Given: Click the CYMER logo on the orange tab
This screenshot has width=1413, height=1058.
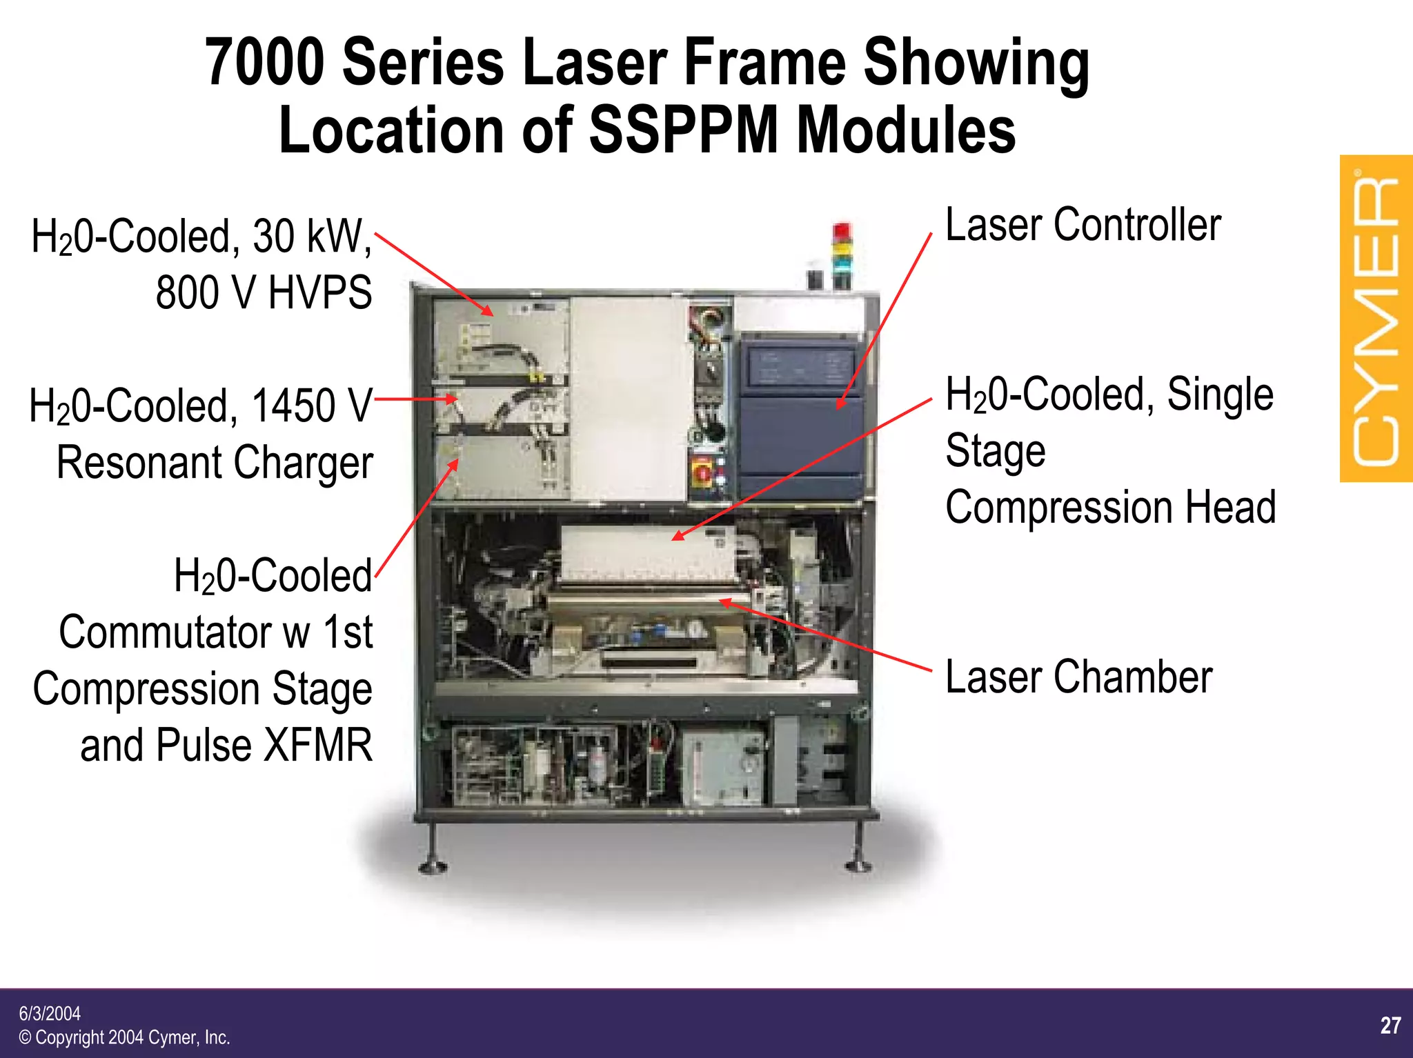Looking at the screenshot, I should [x=1376, y=319].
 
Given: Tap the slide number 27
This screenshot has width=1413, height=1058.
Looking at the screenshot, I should [x=1390, y=1025].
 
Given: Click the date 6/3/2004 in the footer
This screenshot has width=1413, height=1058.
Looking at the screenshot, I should [x=50, y=1013].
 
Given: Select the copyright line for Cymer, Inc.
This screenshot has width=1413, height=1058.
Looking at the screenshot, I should [x=124, y=1037].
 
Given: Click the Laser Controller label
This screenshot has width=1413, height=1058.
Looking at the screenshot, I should [x=1083, y=225].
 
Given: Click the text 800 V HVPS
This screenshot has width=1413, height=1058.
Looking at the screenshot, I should [x=264, y=292].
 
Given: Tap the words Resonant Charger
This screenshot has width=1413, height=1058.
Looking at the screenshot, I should [x=215, y=462].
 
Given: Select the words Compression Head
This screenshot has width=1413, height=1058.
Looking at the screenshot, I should [x=1110, y=507].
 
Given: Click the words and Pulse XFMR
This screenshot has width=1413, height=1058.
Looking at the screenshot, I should [x=226, y=746].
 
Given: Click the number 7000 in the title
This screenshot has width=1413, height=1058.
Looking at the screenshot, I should [x=265, y=63].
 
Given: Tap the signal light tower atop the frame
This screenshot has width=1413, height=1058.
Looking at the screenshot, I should [x=842, y=255].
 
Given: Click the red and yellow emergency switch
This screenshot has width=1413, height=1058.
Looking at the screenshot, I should [x=702, y=472].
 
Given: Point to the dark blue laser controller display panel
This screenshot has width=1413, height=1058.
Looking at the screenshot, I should [x=800, y=366].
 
